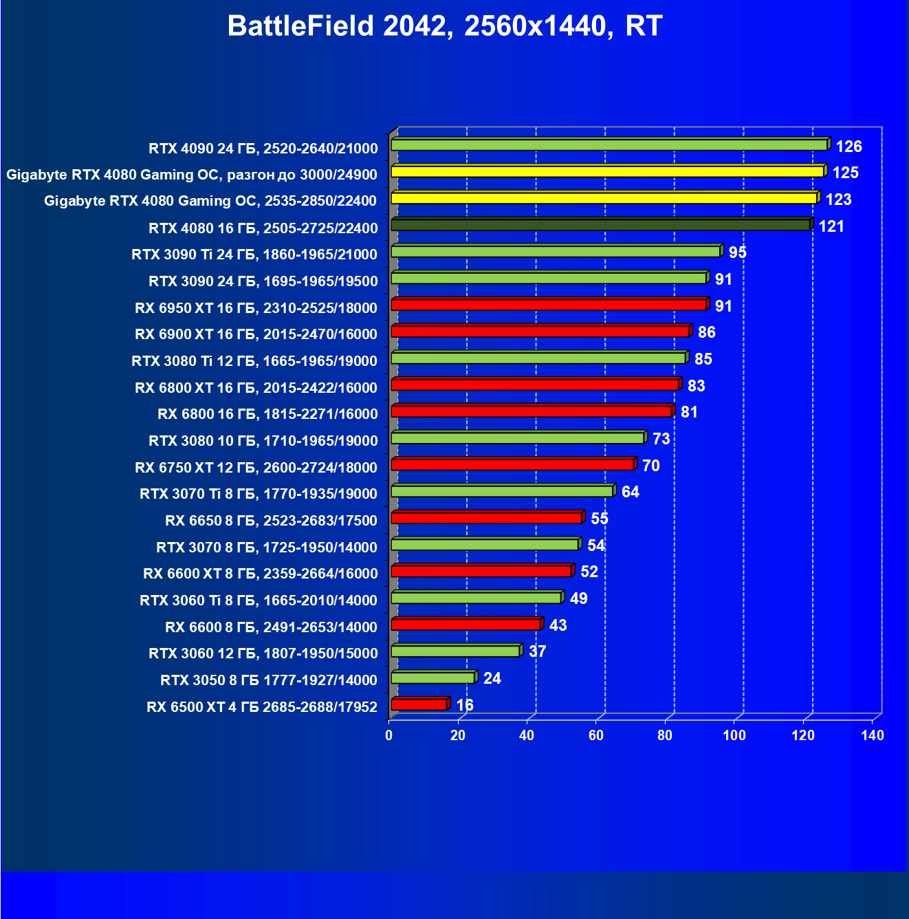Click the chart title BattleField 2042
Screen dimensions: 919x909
click(x=444, y=26)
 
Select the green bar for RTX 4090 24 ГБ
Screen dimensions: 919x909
click(x=609, y=145)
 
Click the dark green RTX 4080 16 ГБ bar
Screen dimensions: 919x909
click(x=600, y=225)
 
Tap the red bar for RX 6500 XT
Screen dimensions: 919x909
click(x=419, y=704)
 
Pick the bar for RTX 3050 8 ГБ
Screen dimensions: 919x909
click(x=432, y=678)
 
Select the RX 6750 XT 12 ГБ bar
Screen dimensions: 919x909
click(x=512, y=465)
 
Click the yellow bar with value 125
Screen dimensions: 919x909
click(x=607, y=171)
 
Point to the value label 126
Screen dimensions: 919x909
click(x=848, y=147)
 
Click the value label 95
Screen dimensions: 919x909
click(x=737, y=252)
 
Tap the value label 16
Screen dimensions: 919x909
click(x=465, y=705)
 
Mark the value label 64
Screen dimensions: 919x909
click(x=630, y=492)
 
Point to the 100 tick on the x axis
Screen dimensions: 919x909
click(x=734, y=735)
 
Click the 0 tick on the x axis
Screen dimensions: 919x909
click(x=389, y=735)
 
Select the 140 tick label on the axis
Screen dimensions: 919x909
click(x=872, y=735)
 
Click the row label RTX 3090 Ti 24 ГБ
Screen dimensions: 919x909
click(x=254, y=255)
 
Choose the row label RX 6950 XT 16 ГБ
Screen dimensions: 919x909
click(x=256, y=308)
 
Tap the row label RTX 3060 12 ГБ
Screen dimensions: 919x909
click(x=263, y=653)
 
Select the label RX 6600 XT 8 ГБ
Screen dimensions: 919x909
click(x=260, y=574)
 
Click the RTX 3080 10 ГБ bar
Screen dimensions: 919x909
click(x=518, y=438)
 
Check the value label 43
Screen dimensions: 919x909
click(x=558, y=625)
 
